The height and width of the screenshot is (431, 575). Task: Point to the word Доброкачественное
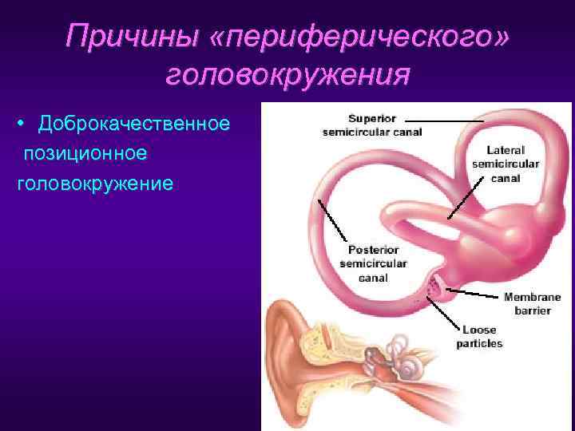pyautogui.click(x=135, y=125)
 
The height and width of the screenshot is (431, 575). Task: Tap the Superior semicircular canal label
pyautogui.click(x=372, y=126)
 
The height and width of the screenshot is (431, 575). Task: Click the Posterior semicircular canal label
pyautogui.click(x=373, y=264)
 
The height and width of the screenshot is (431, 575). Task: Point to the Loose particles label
pyautogui.click(x=479, y=336)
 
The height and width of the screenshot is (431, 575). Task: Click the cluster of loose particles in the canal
pyautogui.click(x=436, y=285)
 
